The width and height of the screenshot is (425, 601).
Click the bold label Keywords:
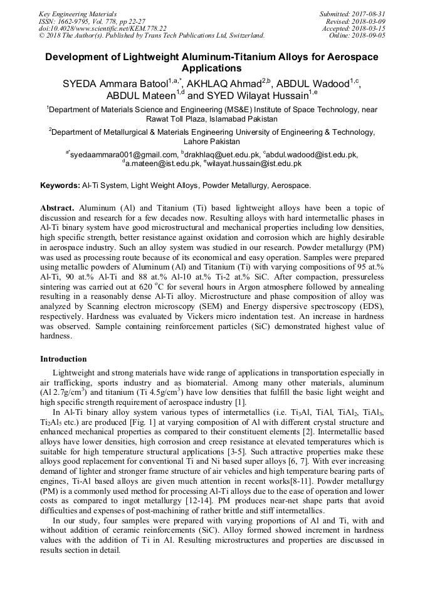pos(60,186)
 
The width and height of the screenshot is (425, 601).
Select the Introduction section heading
pos(63,359)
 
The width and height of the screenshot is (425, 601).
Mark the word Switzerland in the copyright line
pos(243,36)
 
